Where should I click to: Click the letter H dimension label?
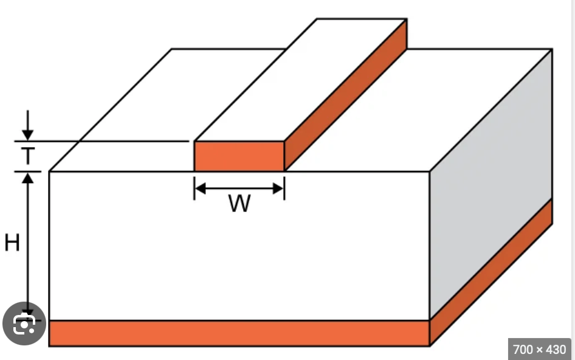pos(12,243)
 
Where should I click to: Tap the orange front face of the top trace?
pos(239,156)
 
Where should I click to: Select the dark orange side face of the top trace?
pos(346,94)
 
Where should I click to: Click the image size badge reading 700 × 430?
pos(539,349)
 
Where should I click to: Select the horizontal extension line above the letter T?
pos(103,141)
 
